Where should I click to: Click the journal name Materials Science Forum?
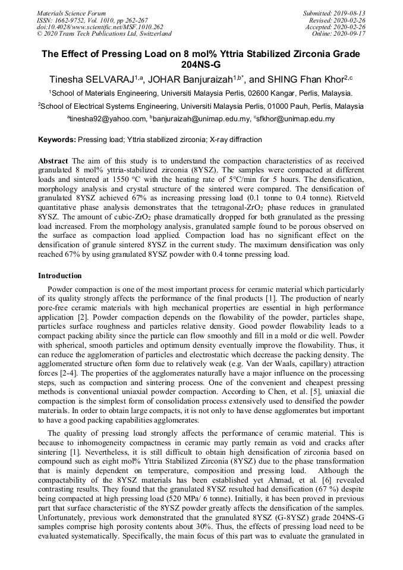[71, 13]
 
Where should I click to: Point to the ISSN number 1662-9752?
[74, 20]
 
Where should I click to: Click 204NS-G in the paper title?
[201, 65]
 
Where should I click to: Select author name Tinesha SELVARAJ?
[90, 79]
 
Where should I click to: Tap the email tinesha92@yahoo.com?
[106, 119]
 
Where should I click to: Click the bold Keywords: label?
[56, 140]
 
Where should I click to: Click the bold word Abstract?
[53, 161]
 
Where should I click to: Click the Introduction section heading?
[60, 276]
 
